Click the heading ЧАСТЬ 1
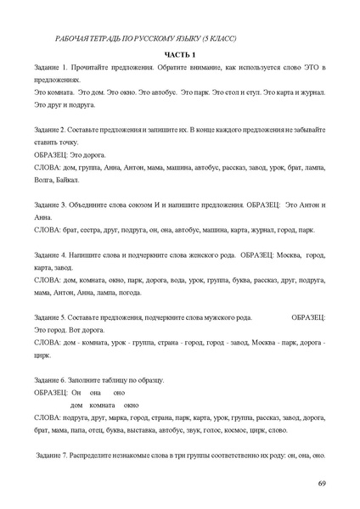point(179,53)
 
